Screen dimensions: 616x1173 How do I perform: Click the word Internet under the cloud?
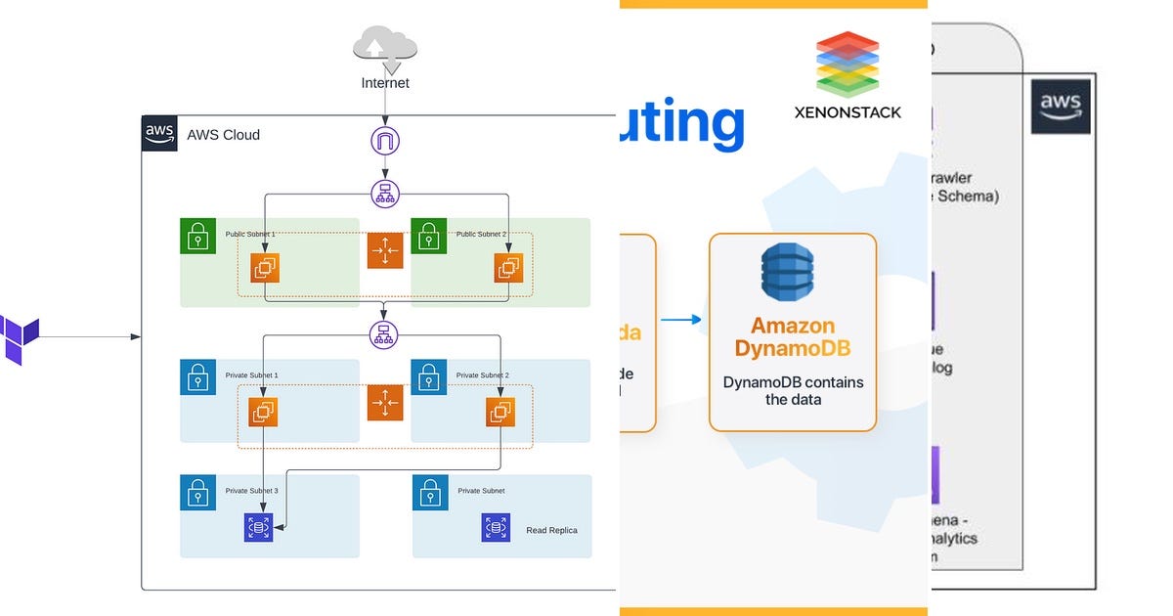385,83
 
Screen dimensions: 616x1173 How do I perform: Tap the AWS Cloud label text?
224,135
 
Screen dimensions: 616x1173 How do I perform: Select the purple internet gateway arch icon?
385,141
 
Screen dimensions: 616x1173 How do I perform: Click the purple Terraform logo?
19,339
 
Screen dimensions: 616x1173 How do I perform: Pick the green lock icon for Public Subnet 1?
198,237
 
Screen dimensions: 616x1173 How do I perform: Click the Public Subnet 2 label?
481,235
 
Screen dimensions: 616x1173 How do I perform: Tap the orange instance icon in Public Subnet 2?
508,267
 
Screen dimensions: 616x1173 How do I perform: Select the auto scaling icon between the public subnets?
385,251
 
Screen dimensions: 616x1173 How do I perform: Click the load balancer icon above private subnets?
384,335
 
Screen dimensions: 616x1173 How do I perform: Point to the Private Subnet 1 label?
251,375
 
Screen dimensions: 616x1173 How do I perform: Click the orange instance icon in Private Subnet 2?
500,412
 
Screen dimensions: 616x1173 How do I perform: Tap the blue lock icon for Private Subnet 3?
198,493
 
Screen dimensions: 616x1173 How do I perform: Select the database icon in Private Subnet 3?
258,528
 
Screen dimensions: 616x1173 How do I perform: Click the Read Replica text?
551,530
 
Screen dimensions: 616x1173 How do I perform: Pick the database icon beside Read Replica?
496,528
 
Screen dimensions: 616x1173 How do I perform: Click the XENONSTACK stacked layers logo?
847,64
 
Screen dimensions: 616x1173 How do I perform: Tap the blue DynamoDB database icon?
787,271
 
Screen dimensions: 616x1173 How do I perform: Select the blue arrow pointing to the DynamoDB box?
681,319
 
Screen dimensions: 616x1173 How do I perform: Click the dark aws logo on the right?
1061,106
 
